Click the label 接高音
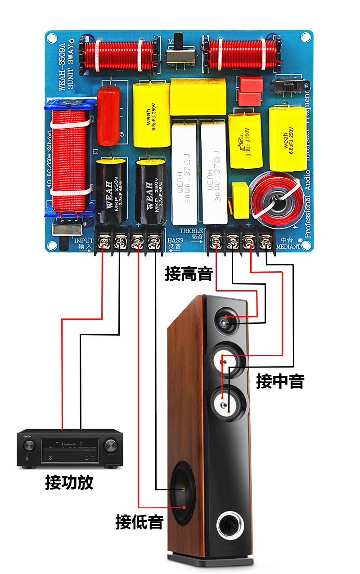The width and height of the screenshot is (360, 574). [x=189, y=274]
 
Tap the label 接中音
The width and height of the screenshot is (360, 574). [x=280, y=381]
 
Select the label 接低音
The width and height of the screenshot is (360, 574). [x=139, y=522]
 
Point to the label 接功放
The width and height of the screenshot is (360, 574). [x=69, y=483]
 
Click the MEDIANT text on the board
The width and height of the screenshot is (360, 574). [x=288, y=247]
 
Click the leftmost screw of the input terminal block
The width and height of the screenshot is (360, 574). [x=104, y=243]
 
